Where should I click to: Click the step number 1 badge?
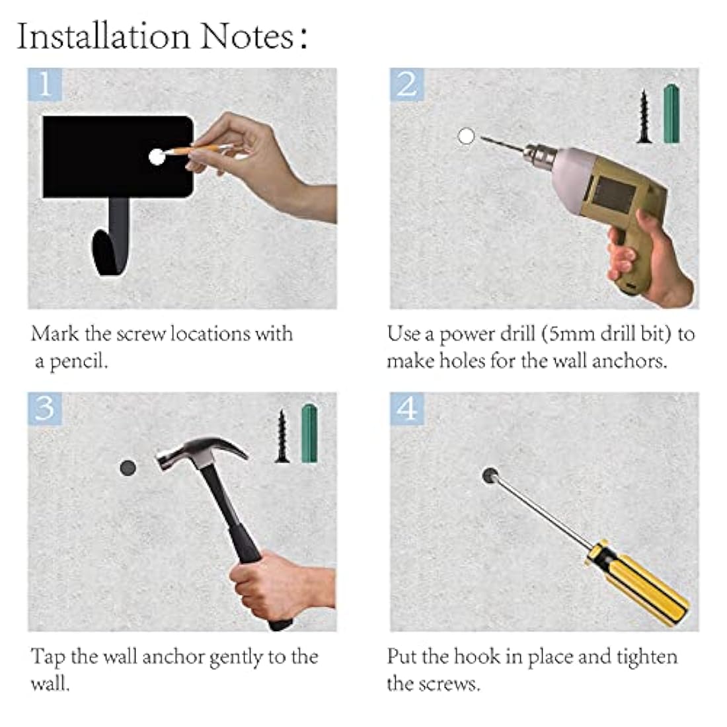44,85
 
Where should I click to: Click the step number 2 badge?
406,85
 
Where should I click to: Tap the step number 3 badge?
44,408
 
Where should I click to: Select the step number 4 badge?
406,408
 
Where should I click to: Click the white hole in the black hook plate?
157,157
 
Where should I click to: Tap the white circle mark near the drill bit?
466,136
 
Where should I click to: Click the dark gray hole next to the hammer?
128,468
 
